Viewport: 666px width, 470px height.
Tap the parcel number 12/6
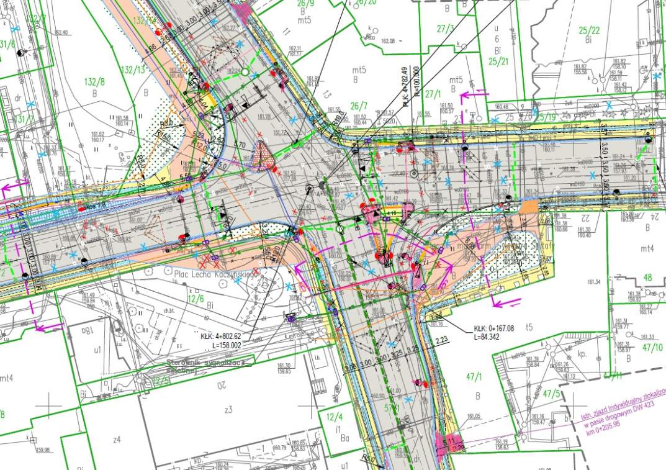point(196,299)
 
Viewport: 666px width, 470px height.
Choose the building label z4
point(115,440)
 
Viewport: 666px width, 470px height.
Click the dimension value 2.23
point(442,340)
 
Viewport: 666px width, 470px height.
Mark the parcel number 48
point(649,278)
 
